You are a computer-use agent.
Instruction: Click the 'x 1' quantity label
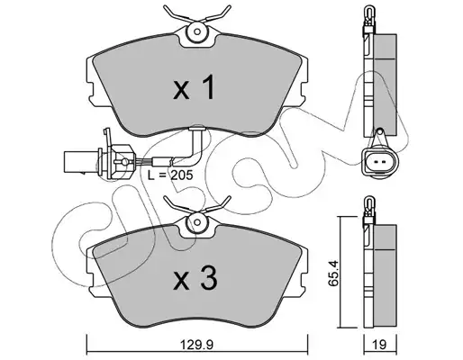(194, 87)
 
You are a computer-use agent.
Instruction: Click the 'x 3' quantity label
(195, 279)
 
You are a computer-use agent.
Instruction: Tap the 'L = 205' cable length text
(170, 175)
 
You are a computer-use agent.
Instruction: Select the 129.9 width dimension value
(196, 345)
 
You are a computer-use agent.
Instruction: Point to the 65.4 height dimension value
(334, 274)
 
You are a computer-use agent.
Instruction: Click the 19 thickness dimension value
(380, 345)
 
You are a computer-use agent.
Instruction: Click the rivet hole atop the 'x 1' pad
(197, 31)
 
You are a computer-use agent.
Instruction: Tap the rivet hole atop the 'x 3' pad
(197, 222)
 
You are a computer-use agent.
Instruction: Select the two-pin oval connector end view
(380, 162)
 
